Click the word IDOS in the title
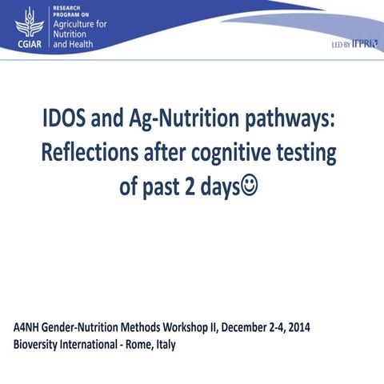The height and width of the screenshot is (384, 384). pos(70,121)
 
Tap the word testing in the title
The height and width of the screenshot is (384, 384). pos(317,154)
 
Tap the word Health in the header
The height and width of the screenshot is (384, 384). pos(81,44)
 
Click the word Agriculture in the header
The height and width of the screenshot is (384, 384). pos(78,24)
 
